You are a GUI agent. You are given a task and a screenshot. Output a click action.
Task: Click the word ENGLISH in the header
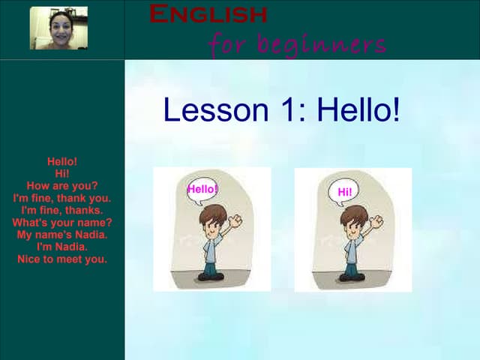pos(208,13)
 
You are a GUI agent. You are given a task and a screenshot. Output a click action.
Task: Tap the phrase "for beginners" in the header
pos(297,44)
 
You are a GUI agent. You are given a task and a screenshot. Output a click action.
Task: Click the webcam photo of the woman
pos(58,28)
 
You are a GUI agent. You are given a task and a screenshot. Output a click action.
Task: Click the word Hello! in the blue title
pos(358,110)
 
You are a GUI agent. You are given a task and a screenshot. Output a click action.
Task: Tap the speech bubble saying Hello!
pos(202,189)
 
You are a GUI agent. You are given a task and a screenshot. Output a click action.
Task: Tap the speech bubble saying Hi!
pos(344,192)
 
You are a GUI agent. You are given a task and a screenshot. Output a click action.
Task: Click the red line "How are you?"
pos(62,186)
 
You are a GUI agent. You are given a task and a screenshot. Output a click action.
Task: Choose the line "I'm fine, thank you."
pos(62,198)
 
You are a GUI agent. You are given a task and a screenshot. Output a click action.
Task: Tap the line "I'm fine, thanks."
pos(62,211)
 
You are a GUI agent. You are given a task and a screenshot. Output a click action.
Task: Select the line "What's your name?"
pos(62,223)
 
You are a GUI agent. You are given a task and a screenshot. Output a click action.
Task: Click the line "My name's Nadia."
pos(62,235)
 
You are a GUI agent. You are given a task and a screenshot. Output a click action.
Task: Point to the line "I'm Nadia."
pos(62,247)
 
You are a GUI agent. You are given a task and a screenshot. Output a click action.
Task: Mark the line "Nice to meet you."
pos(62,259)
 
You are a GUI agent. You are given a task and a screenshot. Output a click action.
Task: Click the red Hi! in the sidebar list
pos(62,173)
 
